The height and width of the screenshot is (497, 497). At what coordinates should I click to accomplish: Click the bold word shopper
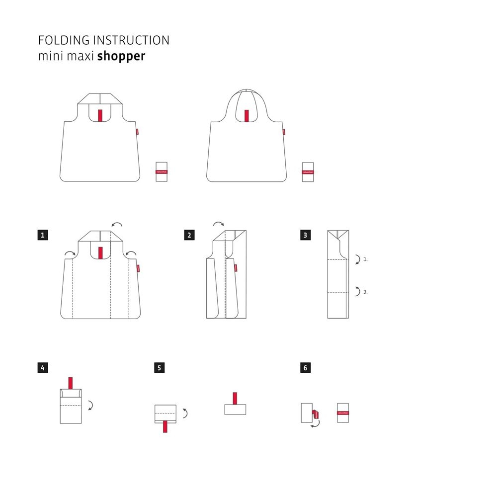121,56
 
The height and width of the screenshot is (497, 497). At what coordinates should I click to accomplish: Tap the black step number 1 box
43,235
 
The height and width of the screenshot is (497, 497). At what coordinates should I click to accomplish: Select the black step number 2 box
189,235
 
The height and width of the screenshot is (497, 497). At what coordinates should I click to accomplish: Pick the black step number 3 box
305,235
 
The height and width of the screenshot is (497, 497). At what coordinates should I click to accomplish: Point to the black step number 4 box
43,368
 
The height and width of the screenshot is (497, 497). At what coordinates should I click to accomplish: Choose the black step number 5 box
160,368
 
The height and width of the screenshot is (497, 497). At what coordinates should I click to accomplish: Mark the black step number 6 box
305,368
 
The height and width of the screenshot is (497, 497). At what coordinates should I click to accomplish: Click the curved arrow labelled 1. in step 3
357,259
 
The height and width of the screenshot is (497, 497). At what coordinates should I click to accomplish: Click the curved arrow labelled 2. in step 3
357,292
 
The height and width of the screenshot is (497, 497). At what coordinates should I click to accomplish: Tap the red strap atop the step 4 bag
71,383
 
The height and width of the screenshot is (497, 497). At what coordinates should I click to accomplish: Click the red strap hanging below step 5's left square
165,426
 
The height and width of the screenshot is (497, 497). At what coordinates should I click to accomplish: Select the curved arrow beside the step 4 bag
90,406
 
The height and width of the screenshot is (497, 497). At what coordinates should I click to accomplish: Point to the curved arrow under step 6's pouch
316,424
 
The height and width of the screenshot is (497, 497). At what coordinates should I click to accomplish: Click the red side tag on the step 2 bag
236,267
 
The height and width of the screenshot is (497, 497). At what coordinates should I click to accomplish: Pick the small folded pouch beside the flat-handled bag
162,171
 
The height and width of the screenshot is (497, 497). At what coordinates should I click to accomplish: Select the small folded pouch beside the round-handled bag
308,171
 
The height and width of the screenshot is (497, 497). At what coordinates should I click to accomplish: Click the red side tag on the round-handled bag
284,132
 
